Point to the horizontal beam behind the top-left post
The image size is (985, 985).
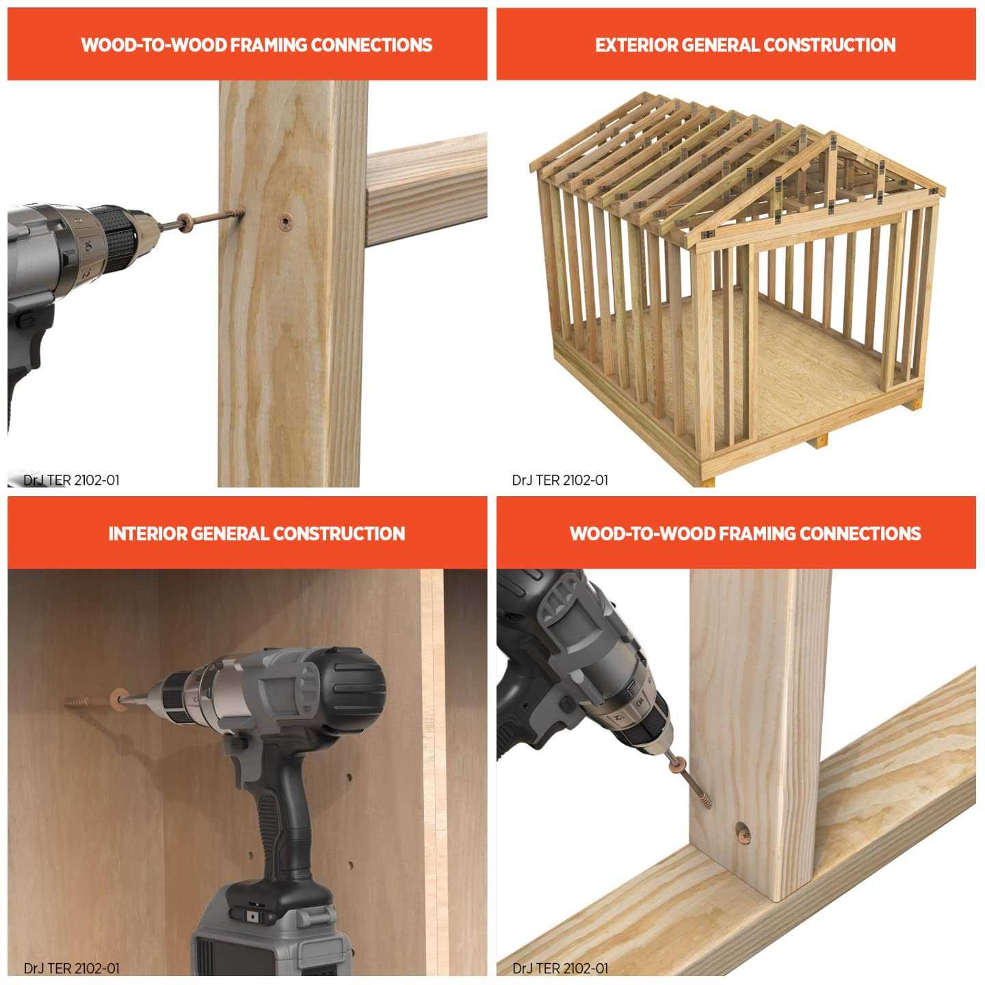[x=426, y=189]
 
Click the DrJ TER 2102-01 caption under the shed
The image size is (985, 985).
[x=560, y=480]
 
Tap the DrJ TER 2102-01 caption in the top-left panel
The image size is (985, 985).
[x=71, y=480]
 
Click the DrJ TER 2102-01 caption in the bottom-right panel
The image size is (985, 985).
[x=560, y=968]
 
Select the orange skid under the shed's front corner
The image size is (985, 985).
[x=708, y=480]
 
